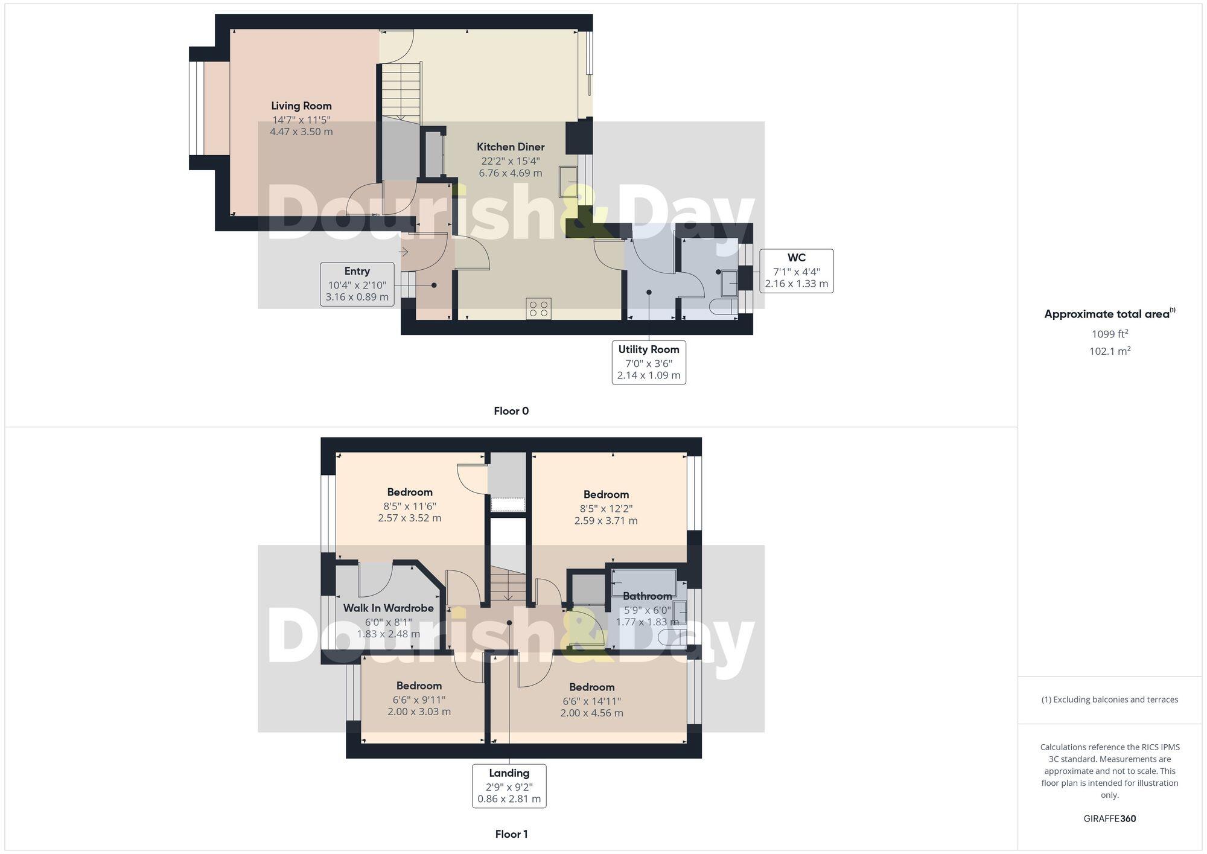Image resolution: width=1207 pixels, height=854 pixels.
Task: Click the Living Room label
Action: [x=301, y=106]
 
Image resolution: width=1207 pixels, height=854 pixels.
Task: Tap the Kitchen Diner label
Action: [x=511, y=147]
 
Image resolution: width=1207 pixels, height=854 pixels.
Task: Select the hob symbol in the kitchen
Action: [x=538, y=309]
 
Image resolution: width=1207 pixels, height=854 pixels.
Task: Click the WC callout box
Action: [x=796, y=271]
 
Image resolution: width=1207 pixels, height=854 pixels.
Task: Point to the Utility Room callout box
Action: [x=649, y=362]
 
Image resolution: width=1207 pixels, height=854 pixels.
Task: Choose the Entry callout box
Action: [x=357, y=284]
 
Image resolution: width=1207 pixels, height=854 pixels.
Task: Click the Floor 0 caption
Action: [x=511, y=411]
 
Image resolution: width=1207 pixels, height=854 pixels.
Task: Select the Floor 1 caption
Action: [x=511, y=834]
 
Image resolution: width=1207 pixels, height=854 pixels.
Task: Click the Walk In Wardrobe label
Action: [x=388, y=608]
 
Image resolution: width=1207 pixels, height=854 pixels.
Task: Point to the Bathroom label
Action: [x=647, y=596]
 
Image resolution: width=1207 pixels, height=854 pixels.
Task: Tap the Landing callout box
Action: [x=509, y=785]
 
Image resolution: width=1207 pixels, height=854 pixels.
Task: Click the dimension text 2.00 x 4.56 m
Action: [x=591, y=713]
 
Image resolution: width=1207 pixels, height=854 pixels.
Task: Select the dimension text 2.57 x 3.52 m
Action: [x=410, y=518]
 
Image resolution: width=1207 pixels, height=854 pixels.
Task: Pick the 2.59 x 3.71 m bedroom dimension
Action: [x=606, y=520]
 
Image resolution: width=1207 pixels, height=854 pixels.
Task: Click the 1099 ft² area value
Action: [x=1109, y=334]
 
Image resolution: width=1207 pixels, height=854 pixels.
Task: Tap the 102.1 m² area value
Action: [x=1109, y=351]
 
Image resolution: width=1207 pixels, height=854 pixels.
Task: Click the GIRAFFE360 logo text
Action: [x=1109, y=819]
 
